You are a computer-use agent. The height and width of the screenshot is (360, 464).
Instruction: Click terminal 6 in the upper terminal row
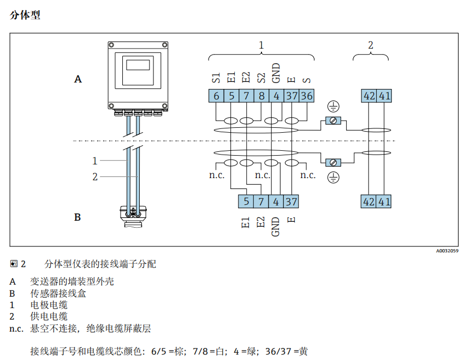click(216, 96)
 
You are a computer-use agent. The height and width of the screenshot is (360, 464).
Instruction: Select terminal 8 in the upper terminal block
click(262, 96)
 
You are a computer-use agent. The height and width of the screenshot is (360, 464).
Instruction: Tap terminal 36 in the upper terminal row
click(307, 96)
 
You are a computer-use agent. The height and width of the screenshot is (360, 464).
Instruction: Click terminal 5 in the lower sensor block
click(246, 202)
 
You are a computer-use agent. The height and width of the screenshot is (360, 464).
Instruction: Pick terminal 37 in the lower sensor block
click(291, 202)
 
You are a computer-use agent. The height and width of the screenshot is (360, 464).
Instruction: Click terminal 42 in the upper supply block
click(370, 96)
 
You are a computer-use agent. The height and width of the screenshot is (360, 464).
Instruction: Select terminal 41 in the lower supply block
click(385, 202)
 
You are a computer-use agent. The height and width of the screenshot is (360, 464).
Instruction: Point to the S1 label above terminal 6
click(216, 76)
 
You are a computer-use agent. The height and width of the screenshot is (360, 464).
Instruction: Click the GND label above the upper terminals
click(276, 73)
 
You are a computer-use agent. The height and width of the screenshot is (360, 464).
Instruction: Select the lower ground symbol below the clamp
click(333, 176)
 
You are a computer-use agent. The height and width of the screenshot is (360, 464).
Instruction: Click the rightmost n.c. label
click(308, 175)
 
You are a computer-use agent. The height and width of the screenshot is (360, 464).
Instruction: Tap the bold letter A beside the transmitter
click(78, 79)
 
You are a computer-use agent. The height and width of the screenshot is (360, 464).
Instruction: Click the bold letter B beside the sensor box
click(78, 217)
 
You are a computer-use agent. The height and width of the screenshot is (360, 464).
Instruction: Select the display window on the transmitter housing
click(138, 64)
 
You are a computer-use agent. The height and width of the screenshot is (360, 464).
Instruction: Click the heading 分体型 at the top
click(25, 15)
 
